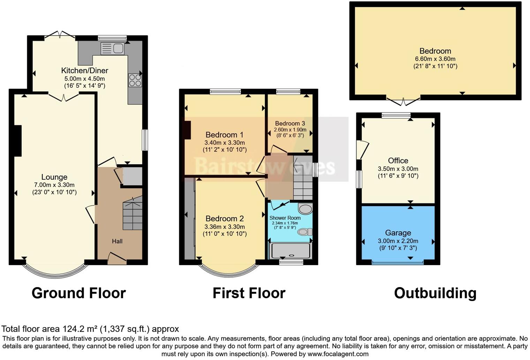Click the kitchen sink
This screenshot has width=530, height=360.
112,48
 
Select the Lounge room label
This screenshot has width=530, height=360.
54,177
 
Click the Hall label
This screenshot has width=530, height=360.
117,241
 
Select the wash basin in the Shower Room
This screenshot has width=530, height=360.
305,209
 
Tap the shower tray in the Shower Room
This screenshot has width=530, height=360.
290,251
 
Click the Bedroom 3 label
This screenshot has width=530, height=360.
290,123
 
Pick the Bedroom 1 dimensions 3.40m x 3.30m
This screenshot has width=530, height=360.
225,143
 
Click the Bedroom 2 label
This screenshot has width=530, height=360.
225,219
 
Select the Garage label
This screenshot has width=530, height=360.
398,233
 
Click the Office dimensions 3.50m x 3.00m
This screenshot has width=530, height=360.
398,169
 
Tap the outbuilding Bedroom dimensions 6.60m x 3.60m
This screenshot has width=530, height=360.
435,59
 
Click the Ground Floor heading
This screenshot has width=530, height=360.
78,293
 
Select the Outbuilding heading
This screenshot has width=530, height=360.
435,293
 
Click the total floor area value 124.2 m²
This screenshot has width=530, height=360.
80,329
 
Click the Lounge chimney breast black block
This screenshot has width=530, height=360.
17,141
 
